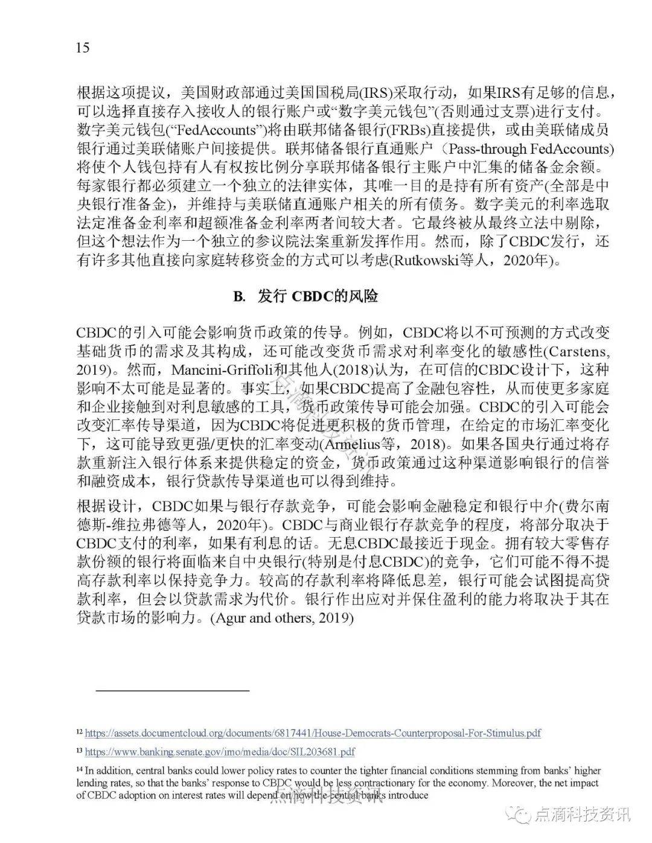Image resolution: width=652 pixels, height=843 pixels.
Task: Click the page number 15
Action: (x=83, y=48)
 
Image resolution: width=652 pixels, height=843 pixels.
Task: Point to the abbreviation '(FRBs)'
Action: (x=440, y=130)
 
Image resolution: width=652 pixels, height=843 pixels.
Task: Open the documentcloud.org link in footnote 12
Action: (x=312, y=733)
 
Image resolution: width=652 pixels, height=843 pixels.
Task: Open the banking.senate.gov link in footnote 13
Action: (x=219, y=752)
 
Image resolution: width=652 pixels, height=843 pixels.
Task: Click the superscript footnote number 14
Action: (x=79, y=769)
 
